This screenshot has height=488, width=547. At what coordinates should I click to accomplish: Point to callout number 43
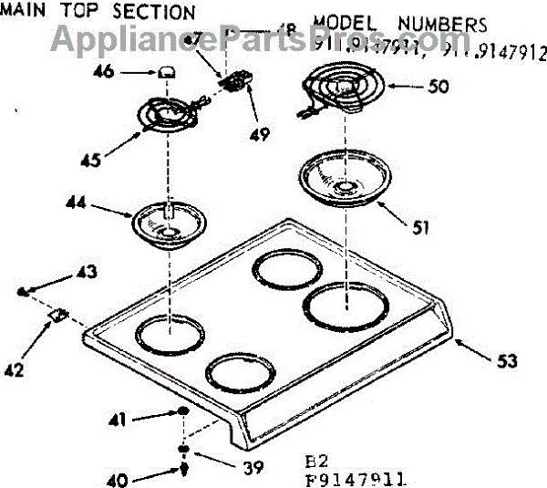pyautogui.click(x=86, y=271)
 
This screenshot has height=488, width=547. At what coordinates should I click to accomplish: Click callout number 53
pyautogui.click(x=503, y=361)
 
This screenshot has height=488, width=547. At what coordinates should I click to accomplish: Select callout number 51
pyautogui.click(x=420, y=229)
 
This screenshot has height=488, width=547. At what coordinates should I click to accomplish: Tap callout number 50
pyautogui.click(x=438, y=87)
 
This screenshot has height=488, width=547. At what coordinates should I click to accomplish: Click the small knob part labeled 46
pyautogui.click(x=165, y=71)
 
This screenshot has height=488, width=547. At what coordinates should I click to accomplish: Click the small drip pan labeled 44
pyautogui.click(x=165, y=226)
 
